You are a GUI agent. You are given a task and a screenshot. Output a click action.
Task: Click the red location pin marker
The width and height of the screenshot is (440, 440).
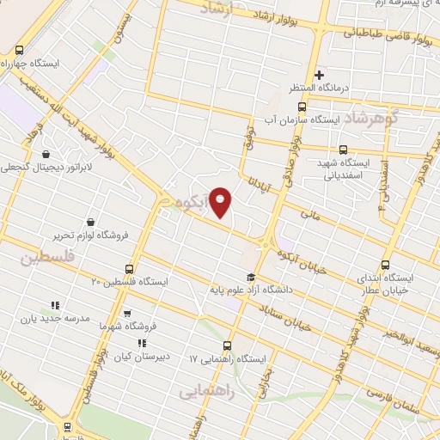[221, 202]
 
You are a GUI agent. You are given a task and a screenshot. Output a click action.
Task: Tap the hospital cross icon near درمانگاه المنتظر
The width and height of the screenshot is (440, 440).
[320, 76]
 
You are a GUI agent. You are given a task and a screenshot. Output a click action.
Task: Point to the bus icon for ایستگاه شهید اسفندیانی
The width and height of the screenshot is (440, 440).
[343, 149]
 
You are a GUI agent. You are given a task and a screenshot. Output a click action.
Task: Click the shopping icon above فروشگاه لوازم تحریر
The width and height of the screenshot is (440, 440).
[89, 219]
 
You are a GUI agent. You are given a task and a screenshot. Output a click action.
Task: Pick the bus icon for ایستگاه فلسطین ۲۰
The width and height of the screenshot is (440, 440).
[130, 268]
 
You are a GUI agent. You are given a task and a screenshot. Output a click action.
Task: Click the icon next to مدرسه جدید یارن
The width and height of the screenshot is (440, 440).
[55, 304]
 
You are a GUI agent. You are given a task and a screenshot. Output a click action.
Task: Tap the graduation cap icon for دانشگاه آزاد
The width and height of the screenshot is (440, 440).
[250, 278]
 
